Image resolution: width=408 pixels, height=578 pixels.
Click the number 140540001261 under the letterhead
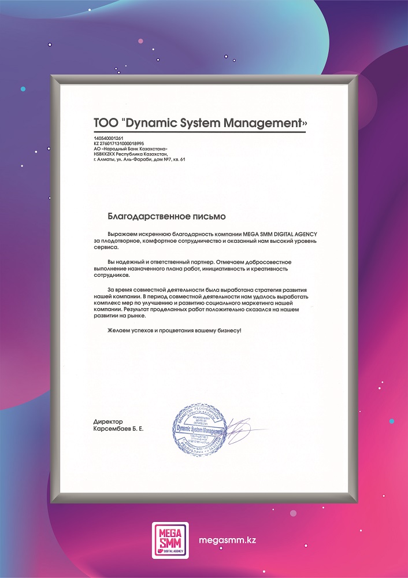tap(109, 138)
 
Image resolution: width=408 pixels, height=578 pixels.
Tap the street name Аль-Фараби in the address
tap(154, 159)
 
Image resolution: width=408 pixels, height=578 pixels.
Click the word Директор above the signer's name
tap(108, 423)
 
